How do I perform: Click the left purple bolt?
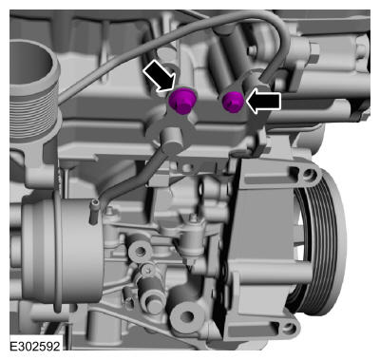coord(181,101)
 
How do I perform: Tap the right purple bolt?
coord(233,102)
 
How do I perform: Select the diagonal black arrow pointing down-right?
coord(160,76)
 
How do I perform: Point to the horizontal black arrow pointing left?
coord(263,102)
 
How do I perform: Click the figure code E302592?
coord(35,346)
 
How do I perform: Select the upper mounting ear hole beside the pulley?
coord(309,175)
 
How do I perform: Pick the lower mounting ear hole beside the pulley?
coord(289,329)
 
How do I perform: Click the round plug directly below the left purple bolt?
coord(171,142)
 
